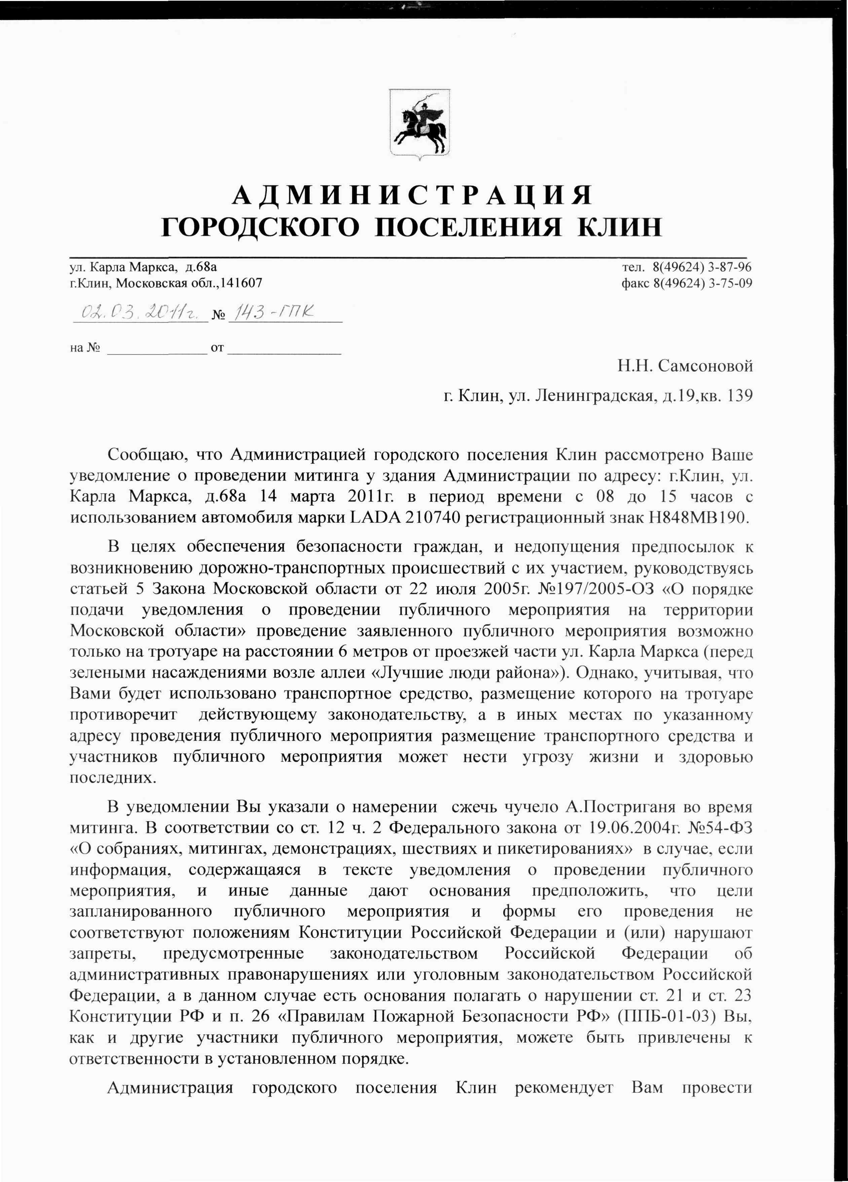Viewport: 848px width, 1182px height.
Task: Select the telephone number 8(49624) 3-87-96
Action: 702,267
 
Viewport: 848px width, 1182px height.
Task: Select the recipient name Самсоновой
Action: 705,366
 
